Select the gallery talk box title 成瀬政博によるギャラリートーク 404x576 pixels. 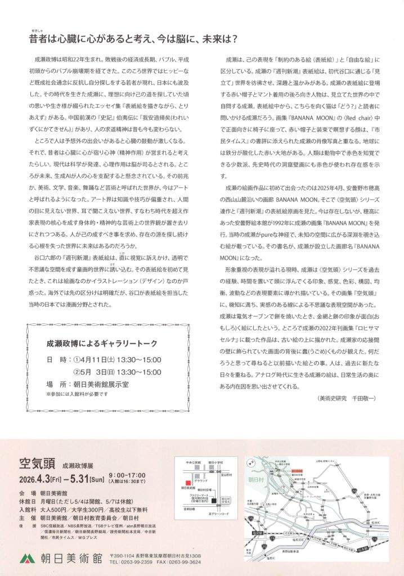[x=101, y=341]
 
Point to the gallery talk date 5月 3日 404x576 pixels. [x=98, y=372]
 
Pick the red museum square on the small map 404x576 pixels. [x=182, y=483]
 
